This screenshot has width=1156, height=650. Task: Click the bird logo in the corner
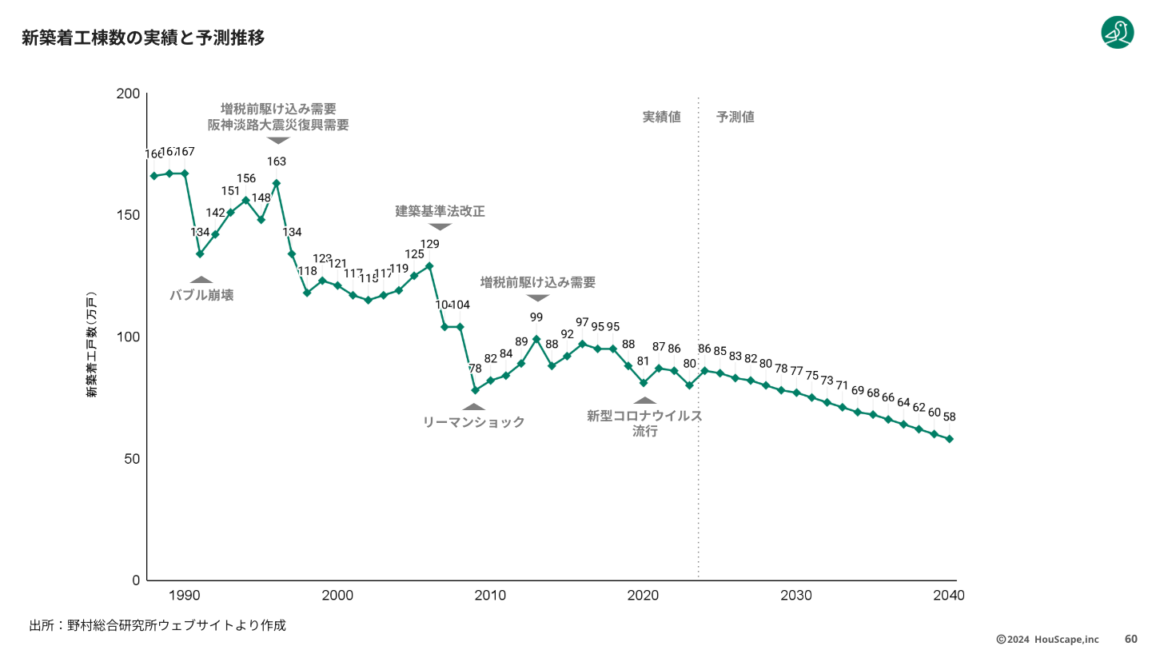point(1117,32)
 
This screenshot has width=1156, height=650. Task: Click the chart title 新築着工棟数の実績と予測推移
point(143,38)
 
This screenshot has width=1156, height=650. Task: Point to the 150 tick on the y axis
point(130,215)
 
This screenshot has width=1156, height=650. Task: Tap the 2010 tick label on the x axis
point(490,596)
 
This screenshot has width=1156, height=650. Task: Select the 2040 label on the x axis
point(949,596)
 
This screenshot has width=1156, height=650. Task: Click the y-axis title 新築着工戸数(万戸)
point(92,343)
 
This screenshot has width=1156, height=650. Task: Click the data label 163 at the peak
point(277,162)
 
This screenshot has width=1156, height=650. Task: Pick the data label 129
point(430,244)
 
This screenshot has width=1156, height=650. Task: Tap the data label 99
point(536,317)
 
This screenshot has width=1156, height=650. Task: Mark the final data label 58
point(950,417)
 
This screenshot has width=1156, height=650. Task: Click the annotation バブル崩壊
point(201,295)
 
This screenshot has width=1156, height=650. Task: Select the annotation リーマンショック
point(474,422)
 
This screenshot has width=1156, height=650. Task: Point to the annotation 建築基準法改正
point(440,212)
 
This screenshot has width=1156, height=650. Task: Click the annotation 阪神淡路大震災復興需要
point(278,126)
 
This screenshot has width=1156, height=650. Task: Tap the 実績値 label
point(662,117)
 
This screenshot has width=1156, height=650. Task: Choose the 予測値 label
point(735,117)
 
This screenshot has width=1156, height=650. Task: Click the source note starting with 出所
point(157,625)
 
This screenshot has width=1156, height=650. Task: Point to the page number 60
point(1131,639)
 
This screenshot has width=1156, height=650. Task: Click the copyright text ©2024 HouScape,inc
point(1047,639)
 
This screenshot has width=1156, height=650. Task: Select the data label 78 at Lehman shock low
point(475,369)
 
